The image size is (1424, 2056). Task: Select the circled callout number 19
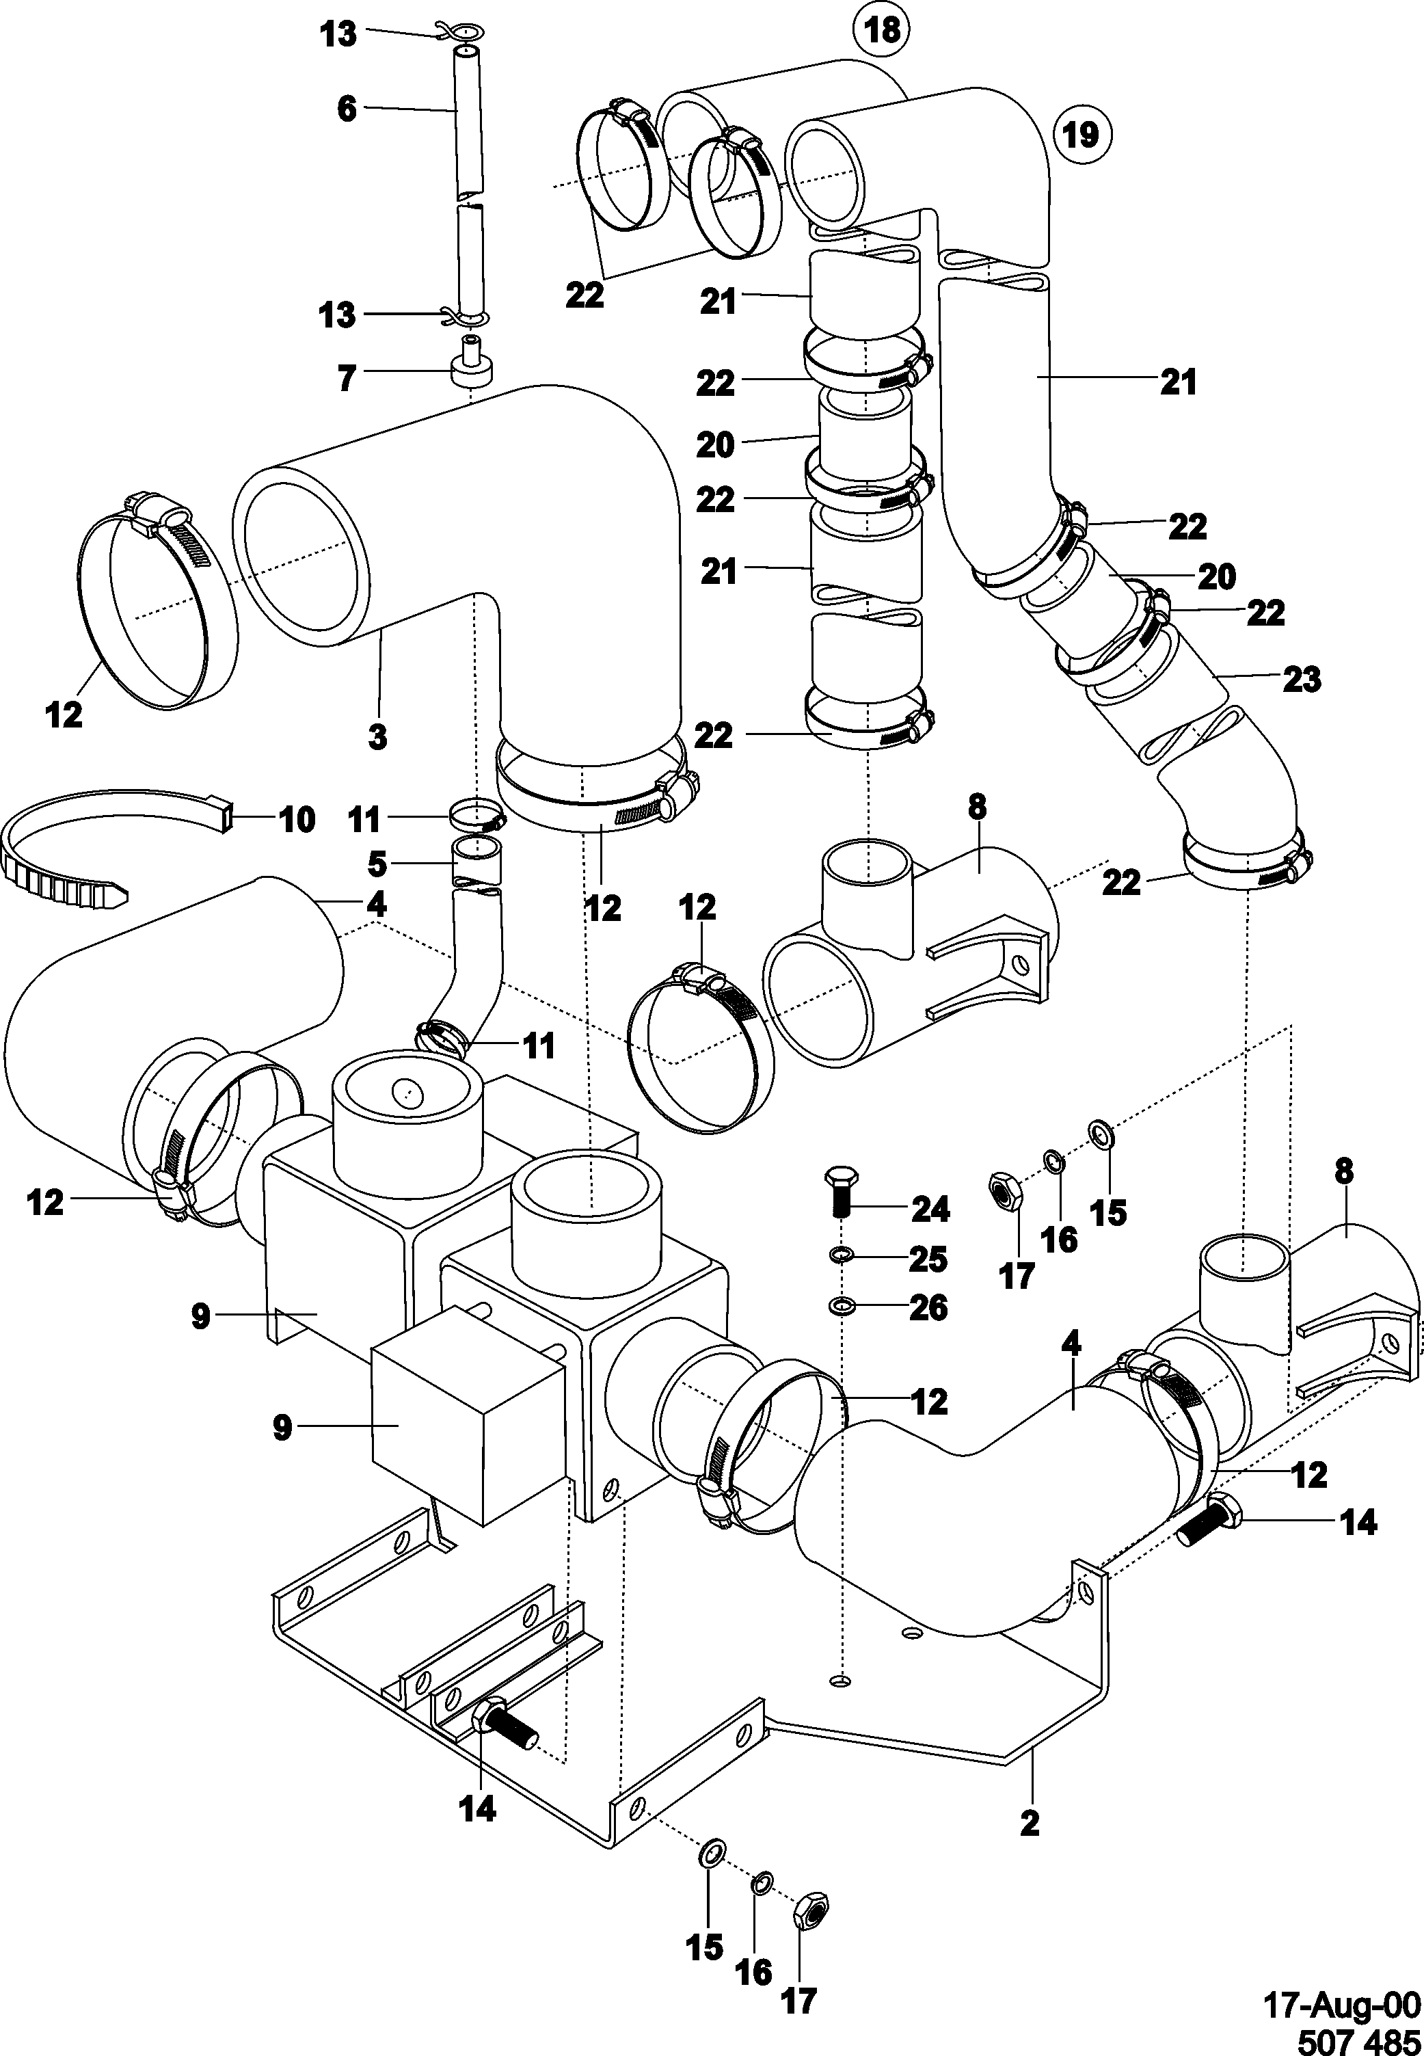point(1082,135)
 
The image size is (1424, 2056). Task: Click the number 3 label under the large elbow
point(377,737)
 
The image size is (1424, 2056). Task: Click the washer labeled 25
point(839,1257)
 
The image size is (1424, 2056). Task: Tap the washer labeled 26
point(839,1307)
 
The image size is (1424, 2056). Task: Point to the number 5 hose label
point(377,864)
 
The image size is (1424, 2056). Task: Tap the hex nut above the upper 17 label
point(1006,1191)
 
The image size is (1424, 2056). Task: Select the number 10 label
point(297,818)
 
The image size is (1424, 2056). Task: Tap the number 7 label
point(346,377)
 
